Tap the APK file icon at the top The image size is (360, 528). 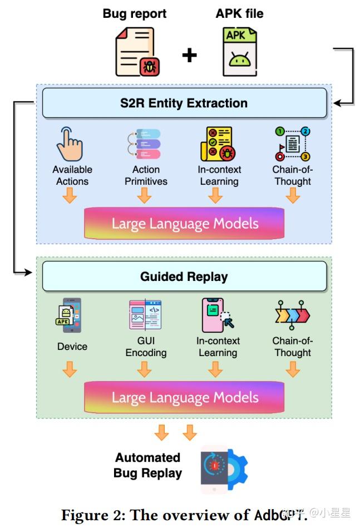point(240,52)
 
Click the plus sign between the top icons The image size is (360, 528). point(189,55)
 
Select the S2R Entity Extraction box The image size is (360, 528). point(184,103)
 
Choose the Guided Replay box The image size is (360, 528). point(184,277)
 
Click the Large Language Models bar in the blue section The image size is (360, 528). point(184,224)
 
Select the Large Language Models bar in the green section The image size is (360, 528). point(184,397)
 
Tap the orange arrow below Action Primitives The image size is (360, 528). point(145,195)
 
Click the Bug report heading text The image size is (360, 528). point(135,13)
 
